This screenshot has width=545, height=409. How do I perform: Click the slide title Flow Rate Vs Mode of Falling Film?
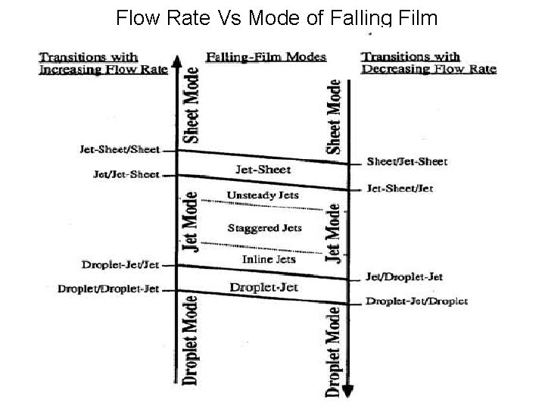coord(276,17)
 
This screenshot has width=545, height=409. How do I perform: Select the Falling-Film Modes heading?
coord(266,58)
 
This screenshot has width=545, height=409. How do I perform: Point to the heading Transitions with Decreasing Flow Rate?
coord(428,64)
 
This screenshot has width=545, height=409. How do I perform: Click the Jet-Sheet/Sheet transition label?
coord(120,149)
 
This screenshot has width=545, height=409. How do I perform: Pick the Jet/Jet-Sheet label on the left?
coord(126,175)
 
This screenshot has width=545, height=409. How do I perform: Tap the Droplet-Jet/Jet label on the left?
coord(120,264)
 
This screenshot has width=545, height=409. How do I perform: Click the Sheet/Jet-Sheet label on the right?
coord(407,161)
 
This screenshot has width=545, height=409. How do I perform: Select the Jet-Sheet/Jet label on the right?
coord(400,188)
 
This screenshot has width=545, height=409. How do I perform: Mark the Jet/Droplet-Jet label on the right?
coord(404,277)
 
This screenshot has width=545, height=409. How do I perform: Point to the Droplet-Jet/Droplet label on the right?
coord(416,301)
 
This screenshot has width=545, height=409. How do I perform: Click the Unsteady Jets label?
coord(263,195)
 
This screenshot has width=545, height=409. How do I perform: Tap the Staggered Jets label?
coord(264,227)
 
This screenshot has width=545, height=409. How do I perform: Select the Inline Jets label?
coord(268,259)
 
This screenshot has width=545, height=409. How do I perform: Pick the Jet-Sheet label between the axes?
coord(263,168)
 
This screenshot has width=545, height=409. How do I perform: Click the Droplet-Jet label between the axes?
coord(264,286)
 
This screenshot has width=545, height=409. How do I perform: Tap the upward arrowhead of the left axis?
coord(176,61)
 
